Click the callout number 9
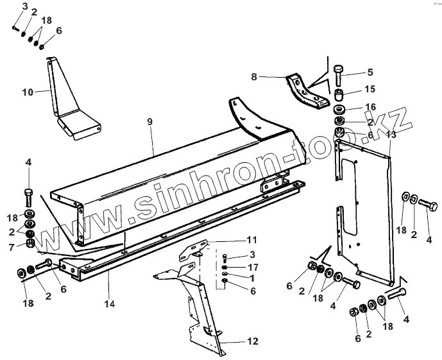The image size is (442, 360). click(149, 122)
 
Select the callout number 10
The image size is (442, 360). click(27, 92)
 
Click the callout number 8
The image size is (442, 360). click(254, 77)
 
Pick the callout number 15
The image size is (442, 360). click(370, 89)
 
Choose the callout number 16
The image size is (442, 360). click(370, 107)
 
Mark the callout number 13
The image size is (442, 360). click(391, 135)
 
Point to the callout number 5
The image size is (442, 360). click(370, 72)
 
